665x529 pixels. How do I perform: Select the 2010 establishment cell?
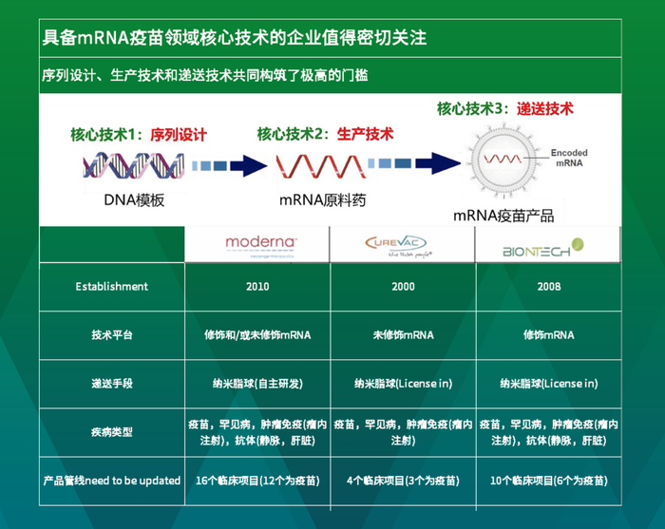pyautogui.click(x=257, y=286)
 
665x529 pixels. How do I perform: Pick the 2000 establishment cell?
pyautogui.click(x=403, y=286)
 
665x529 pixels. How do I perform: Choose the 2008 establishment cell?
pyautogui.click(x=548, y=286)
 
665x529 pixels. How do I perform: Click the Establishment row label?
pyautogui.click(x=112, y=286)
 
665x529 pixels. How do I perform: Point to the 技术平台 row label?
pyautogui.click(x=112, y=334)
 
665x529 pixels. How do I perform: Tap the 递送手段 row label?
pyautogui.click(x=112, y=383)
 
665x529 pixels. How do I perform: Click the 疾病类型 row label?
pyautogui.click(x=112, y=432)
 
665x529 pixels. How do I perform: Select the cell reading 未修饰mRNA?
pyautogui.click(x=403, y=334)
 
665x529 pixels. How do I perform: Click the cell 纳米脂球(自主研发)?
pyautogui.click(x=257, y=383)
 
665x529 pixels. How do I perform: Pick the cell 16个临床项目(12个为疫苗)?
pyautogui.click(x=257, y=481)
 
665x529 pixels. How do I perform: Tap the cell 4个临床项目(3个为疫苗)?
pyautogui.click(x=403, y=481)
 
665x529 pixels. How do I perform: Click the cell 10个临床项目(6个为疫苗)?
pyautogui.click(x=548, y=481)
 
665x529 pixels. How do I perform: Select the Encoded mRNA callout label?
pyautogui.click(x=569, y=157)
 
